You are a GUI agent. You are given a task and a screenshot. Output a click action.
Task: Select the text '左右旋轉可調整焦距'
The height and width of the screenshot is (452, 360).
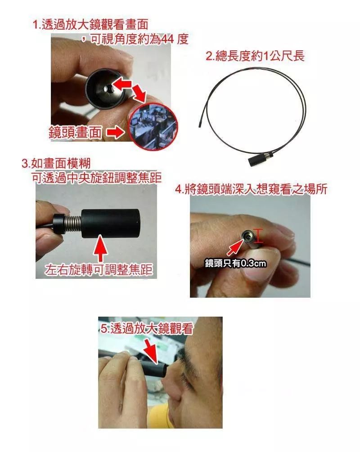pos(99,269)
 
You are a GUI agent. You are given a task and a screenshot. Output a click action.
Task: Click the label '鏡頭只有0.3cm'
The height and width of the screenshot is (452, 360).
pos(235,263)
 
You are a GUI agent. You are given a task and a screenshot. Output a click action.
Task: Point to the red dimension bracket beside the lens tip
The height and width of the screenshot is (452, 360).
pos(258,237)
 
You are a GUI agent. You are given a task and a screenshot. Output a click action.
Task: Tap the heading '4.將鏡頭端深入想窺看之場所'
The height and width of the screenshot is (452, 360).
pos(251,189)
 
